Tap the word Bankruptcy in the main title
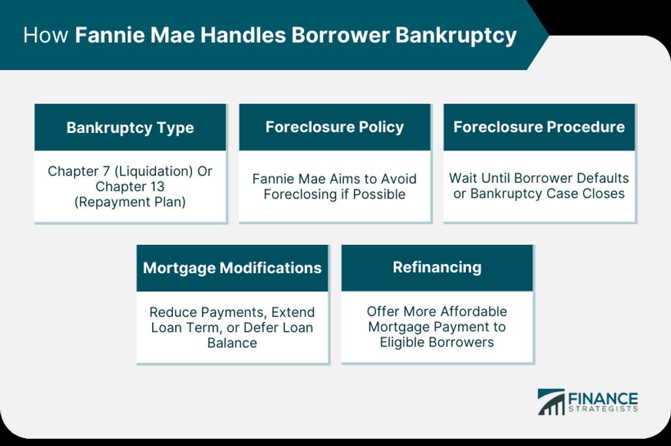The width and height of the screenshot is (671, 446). (456, 36)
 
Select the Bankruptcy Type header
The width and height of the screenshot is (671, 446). (130, 128)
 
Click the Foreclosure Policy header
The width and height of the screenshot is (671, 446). (335, 127)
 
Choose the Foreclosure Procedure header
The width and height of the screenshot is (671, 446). (539, 127)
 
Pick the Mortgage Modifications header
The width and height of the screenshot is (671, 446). (233, 268)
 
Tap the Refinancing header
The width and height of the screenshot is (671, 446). (437, 268)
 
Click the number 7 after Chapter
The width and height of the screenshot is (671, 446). (106, 171)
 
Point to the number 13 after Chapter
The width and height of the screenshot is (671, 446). (157, 187)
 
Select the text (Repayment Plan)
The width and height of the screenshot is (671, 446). (130, 202)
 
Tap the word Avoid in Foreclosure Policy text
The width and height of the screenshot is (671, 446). (400, 179)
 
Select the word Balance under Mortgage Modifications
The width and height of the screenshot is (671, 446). (233, 343)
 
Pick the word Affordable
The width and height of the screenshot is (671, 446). (473, 311)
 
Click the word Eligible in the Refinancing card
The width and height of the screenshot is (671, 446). (402, 342)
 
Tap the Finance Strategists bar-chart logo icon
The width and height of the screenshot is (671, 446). (551, 401)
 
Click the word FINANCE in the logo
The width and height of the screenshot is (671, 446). (603, 399)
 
